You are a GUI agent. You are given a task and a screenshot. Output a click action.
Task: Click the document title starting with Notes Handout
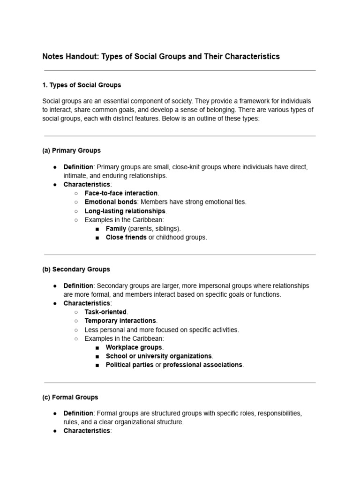pyautogui.click(x=161, y=57)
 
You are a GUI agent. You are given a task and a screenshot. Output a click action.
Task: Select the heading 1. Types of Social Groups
pyautogui.click(x=82, y=85)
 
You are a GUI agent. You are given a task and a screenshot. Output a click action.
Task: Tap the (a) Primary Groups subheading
pyautogui.click(x=71, y=150)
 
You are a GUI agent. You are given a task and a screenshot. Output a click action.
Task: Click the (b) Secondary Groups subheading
pyautogui.click(x=76, y=269)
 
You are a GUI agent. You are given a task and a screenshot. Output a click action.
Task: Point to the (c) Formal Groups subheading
pyautogui.click(x=70, y=397)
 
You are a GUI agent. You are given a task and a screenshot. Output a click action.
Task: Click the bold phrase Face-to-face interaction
pyautogui.click(x=121, y=193)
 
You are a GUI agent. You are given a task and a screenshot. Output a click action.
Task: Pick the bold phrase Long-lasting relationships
pyautogui.click(x=125, y=211)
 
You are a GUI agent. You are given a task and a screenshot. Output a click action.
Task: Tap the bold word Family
pyautogui.click(x=116, y=229)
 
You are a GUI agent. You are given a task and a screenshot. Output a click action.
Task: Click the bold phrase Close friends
pyautogui.click(x=126, y=238)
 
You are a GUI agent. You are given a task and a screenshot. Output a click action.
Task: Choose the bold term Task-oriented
pyautogui.click(x=105, y=312)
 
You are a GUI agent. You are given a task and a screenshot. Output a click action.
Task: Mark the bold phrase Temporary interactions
pyautogui.click(x=120, y=321)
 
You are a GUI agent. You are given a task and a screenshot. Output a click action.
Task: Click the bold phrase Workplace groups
pyautogui.click(x=134, y=347)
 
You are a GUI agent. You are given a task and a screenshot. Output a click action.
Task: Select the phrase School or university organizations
pyautogui.click(x=159, y=356)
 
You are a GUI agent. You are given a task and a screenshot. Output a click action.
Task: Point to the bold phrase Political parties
pyautogui.click(x=129, y=365)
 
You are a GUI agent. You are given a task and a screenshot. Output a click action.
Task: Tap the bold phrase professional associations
pyautogui.click(x=202, y=365)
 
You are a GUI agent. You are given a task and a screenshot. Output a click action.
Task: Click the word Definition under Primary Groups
pyautogui.click(x=78, y=167)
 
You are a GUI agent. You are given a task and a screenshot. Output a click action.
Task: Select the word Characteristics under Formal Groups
pyautogui.click(x=86, y=431)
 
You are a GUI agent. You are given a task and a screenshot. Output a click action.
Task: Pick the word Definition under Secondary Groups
pyautogui.click(x=78, y=285)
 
